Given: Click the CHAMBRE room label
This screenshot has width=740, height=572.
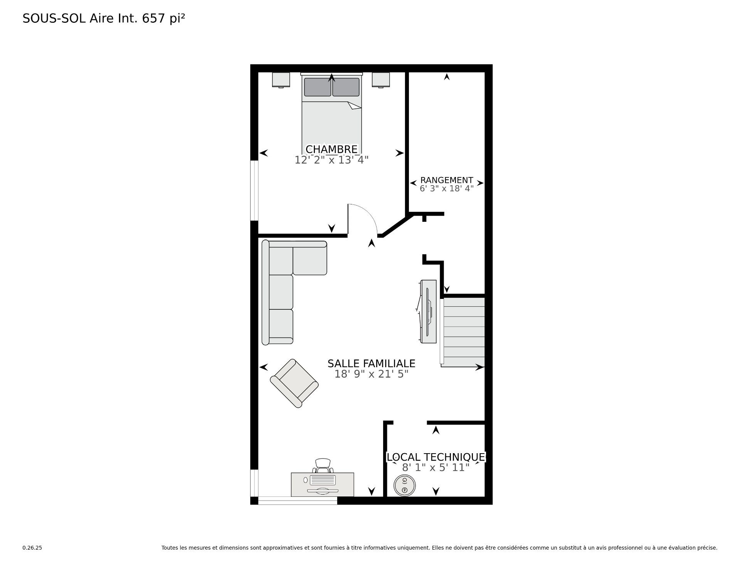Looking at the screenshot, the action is click(x=331, y=149).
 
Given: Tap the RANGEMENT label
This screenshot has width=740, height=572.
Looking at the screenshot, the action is click(x=446, y=180).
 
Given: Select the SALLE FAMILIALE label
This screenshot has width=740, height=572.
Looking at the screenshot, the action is click(x=371, y=364).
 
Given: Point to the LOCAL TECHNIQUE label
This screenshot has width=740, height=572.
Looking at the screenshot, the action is click(x=436, y=457).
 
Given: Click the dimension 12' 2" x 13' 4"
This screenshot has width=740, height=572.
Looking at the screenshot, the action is click(x=331, y=160).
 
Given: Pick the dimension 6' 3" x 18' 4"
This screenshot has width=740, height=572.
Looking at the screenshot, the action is click(x=446, y=189).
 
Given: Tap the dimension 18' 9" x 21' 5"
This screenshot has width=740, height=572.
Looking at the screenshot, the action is click(x=371, y=374).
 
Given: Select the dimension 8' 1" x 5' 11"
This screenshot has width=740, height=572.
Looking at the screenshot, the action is click(x=436, y=467).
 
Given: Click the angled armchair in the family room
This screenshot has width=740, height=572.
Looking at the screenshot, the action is click(x=294, y=383).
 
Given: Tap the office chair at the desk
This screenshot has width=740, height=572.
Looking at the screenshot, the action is click(x=323, y=466).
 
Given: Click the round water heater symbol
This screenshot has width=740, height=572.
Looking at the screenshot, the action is click(x=404, y=485).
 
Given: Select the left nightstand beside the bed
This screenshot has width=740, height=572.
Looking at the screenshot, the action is click(x=281, y=80).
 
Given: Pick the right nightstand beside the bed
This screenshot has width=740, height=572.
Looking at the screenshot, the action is click(x=381, y=80).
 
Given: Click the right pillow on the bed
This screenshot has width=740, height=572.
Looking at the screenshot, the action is click(x=346, y=87).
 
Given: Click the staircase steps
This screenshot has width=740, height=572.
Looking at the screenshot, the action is click(x=462, y=332).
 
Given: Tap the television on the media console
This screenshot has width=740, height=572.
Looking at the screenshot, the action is click(x=428, y=312).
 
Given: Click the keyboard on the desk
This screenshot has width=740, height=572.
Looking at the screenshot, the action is click(x=323, y=480).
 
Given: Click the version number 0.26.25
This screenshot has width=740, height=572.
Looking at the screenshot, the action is click(x=32, y=548).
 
